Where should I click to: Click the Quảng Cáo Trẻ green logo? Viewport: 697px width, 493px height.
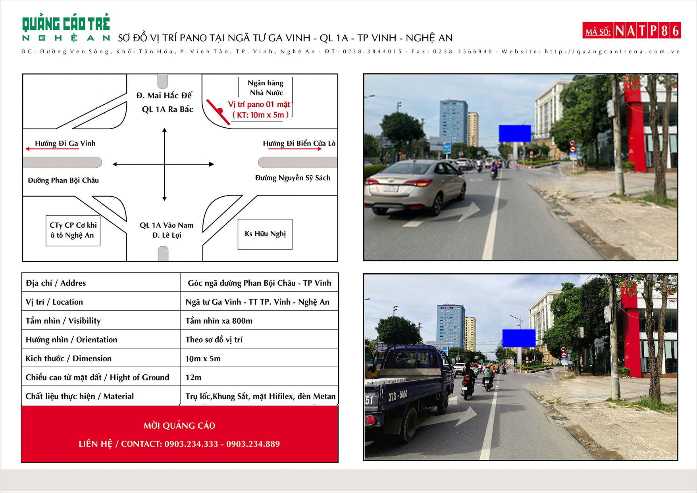(66, 28)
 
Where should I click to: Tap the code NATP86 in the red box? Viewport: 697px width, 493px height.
(647, 31)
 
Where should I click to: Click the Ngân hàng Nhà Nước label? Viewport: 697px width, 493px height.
(266, 88)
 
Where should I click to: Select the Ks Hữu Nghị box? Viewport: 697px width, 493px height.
(265, 234)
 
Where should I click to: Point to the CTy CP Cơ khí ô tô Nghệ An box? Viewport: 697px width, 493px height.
(73, 230)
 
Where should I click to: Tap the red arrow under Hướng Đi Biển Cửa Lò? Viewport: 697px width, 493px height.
(295, 149)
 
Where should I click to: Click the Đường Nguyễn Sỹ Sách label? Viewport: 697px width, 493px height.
(293, 178)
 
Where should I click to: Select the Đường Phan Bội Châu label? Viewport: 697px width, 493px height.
(63, 180)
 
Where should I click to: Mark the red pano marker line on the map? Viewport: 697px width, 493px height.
(218, 112)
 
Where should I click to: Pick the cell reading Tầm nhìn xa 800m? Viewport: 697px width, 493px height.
(219, 320)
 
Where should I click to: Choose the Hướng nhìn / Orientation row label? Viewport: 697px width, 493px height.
(71, 340)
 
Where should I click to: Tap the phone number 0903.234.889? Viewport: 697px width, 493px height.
(253, 444)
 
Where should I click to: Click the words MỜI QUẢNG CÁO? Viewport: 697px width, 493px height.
(179, 426)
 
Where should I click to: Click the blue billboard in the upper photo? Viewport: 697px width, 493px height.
(514, 133)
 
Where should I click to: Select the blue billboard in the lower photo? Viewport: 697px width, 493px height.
(519, 338)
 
